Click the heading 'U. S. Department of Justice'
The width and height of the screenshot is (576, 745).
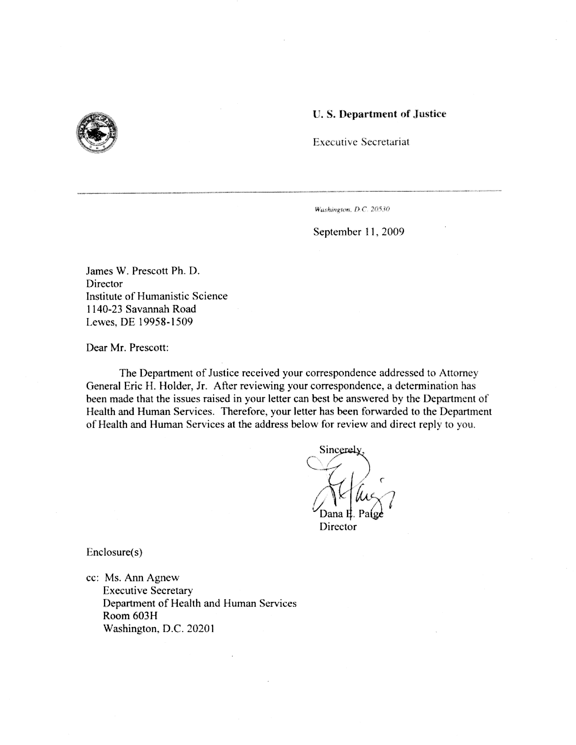[x=379, y=114]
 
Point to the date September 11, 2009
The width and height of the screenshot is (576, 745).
[x=359, y=232]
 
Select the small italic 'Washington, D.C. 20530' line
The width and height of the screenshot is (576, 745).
[x=352, y=209]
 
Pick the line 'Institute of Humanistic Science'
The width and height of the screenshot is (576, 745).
[x=157, y=296]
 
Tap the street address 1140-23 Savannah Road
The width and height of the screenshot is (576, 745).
[x=141, y=309]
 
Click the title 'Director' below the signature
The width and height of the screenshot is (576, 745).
[x=338, y=527]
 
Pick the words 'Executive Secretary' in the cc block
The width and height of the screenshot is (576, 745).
[x=148, y=590]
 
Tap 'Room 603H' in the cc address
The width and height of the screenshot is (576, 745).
[x=130, y=616]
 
